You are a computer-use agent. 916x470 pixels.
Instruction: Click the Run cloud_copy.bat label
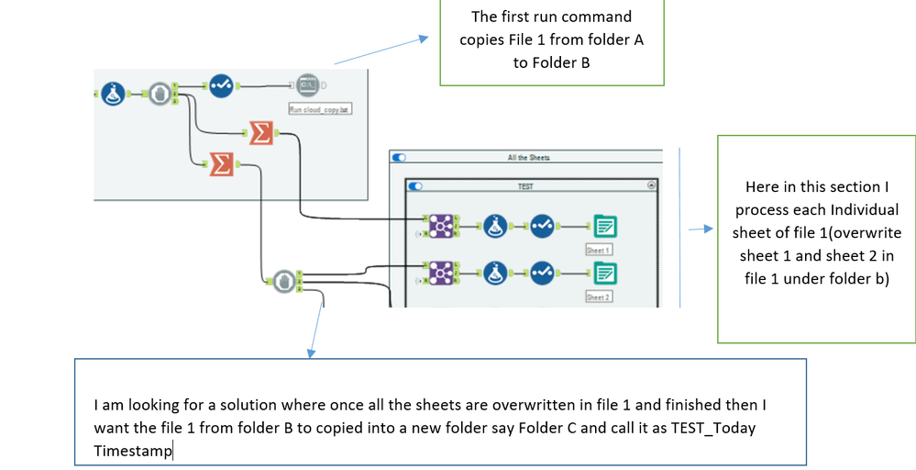(x=321, y=109)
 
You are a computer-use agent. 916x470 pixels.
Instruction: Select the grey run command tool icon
(x=308, y=86)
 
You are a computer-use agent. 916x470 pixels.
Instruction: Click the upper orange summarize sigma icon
(x=260, y=133)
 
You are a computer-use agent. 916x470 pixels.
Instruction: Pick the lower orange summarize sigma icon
(x=221, y=163)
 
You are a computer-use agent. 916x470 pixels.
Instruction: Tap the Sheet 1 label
(x=599, y=250)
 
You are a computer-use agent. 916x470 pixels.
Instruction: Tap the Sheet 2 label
(x=599, y=297)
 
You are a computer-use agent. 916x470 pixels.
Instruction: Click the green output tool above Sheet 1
(x=604, y=226)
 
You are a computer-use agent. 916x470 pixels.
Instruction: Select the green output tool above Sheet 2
(x=604, y=273)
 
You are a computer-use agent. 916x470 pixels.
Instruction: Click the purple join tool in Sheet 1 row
(x=442, y=226)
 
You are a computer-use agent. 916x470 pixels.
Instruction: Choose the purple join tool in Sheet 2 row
(x=442, y=273)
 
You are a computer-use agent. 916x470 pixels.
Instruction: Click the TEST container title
(x=525, y=185)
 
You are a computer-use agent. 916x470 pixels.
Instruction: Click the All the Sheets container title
(x=528, y=158)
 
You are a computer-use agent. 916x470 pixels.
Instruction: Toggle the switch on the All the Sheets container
(x=400, y=158)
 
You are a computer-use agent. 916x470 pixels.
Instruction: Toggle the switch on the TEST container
(x=415, y=185)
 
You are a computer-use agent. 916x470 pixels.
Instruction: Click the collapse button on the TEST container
(x=651, y=185)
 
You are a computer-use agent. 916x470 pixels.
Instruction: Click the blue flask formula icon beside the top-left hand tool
(x=113, y=94)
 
